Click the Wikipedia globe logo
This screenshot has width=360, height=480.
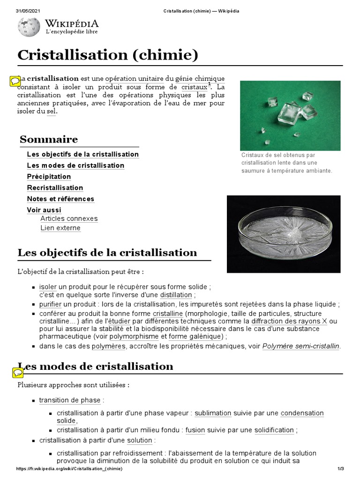(29, 27)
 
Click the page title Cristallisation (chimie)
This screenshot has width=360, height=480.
(108, 55)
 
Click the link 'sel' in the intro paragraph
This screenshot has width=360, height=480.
(51, 112)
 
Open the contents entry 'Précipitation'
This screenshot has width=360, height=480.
(49, 177)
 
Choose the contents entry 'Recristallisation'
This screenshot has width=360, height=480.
(55, 188)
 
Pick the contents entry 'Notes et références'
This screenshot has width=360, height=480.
(60, 199)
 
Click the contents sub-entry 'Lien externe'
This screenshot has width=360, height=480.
(60, 228)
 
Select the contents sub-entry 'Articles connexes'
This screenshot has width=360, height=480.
(69, 219)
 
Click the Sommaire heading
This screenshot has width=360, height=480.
(49, 140)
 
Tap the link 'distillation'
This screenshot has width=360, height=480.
(176, 295)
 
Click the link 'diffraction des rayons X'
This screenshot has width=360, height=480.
(289, 322)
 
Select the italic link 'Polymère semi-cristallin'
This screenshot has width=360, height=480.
(301, 346)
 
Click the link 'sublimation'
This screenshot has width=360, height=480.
(213, 413)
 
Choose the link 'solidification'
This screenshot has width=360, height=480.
(274, 430)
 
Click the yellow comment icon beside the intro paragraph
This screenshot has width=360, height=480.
(15, 81)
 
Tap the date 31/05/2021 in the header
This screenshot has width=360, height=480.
(26, 11)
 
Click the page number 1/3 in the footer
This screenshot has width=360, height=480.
(341, 469)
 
